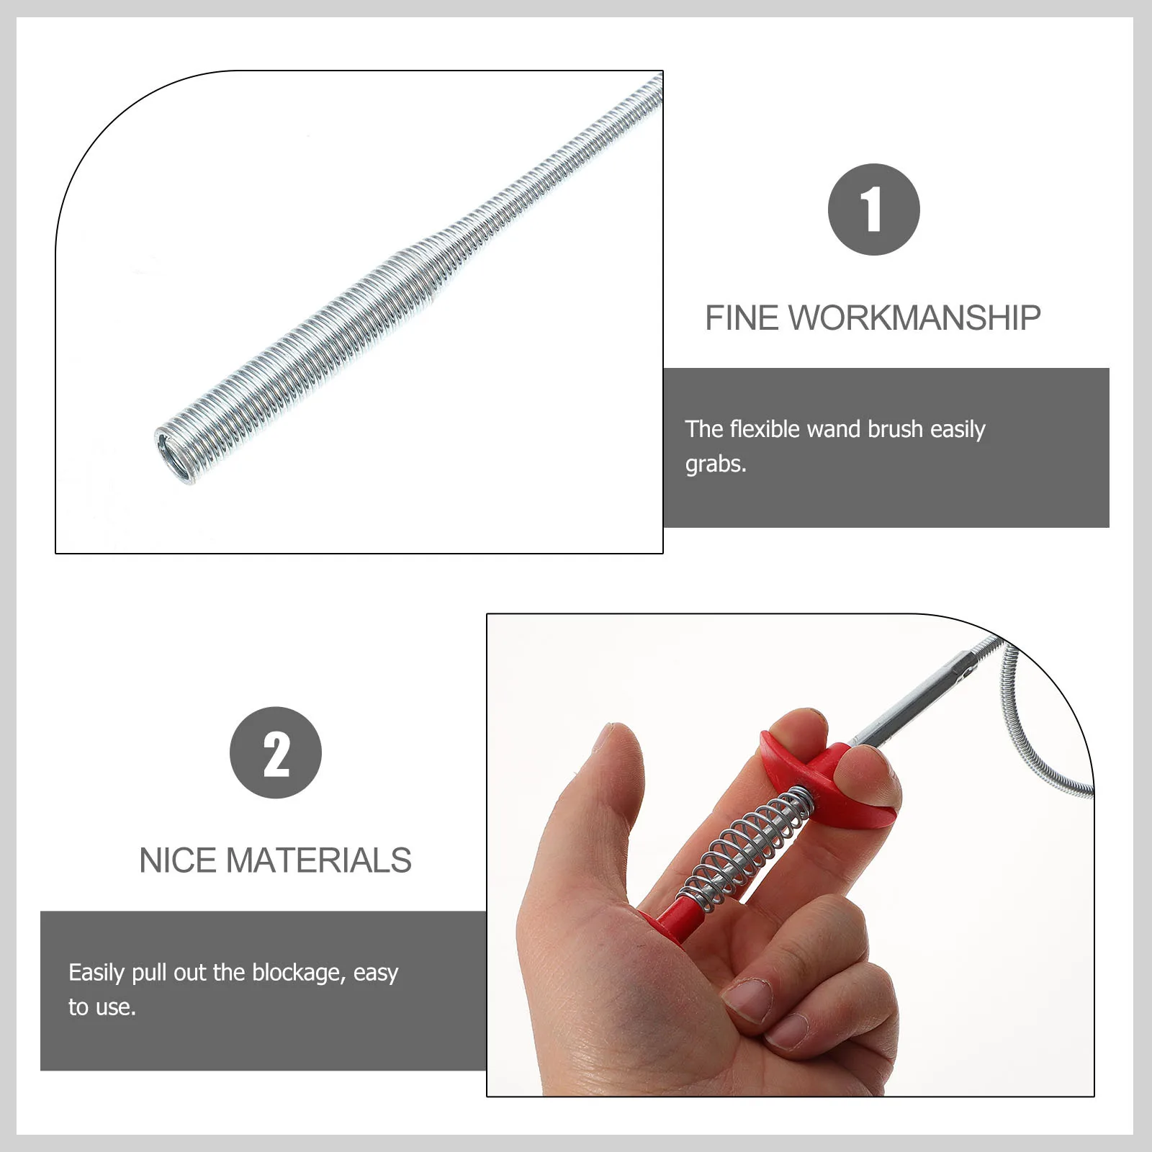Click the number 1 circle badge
[x=873, y=210]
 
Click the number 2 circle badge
[x=275, y=752]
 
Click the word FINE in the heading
[x=742, y=318]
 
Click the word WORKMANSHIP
[x=915, y=318]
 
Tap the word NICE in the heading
[x=177, y=860]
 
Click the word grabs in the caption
[x=714, y=464]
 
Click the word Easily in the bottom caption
[x=96, y=973]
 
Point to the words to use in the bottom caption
[x=102, y=1007]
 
